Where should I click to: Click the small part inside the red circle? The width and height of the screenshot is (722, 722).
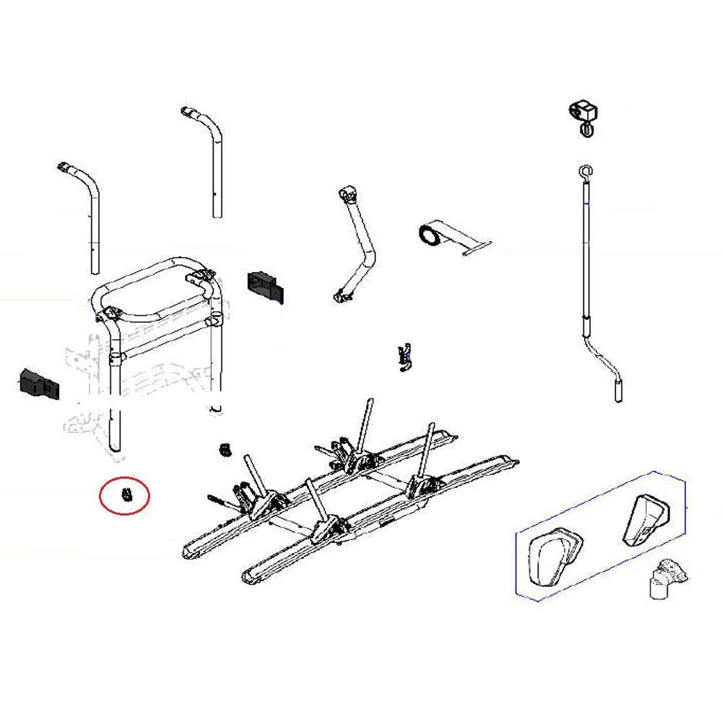click(x=126, y=495)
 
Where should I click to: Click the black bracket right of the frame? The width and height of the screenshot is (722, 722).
click(x=264, y=283)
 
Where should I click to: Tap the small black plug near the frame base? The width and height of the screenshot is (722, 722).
click(x=225, y=450)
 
